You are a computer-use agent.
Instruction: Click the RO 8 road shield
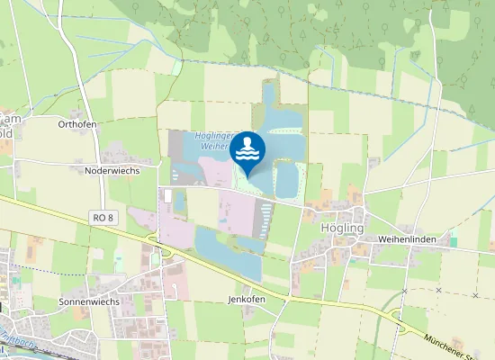[x=104, y=218]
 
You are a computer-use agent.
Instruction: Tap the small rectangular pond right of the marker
[x=287, y=180]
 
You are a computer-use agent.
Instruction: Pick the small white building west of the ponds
[x=167, y=194]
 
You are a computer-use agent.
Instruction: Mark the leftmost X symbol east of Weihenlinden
[x=405, y=292]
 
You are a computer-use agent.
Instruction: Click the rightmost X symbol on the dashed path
[x=474, y=294]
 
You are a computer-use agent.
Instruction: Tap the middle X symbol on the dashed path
[x=438, y=291]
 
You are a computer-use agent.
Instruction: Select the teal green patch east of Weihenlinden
[x=454, y=238]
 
